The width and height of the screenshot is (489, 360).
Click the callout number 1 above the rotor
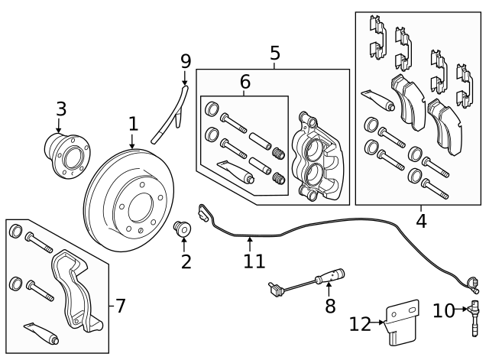point(133,124)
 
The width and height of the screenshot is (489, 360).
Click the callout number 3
point(61,109)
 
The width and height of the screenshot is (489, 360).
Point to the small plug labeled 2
point(183,229)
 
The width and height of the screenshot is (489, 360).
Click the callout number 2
point(185,263)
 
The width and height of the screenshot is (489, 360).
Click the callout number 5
point(274,54)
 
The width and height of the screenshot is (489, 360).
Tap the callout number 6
point(244,81)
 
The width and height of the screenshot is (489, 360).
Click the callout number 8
point(329,306)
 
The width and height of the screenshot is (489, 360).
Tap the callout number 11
point(254,262)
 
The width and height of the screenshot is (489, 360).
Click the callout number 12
point(360,325)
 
